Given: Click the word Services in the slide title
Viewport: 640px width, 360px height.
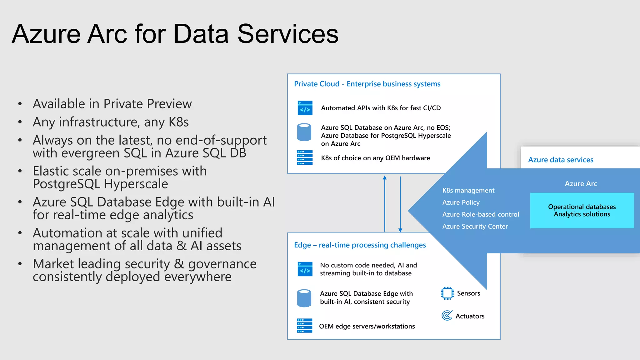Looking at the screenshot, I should tap(288, 34).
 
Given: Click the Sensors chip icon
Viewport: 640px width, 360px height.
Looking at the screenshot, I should tap(447, 293).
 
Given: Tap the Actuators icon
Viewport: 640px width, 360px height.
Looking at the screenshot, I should tap(447, 315).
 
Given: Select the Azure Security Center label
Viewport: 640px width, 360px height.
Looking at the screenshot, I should tap(475, 226).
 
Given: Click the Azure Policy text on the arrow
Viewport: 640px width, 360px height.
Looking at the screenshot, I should tap(461, 202).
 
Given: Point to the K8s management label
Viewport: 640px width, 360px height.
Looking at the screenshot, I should tap(468, 190).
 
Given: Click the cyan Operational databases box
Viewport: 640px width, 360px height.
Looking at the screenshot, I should tap(582, 210).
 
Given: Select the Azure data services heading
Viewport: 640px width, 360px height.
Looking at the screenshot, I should tap(561, 160).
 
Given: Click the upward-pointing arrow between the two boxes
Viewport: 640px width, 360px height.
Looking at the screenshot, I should tap(385, 203).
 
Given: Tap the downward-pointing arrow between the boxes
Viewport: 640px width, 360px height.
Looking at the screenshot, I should tap(400, 203).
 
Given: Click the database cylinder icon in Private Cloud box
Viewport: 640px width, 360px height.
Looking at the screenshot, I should tap(304, 132).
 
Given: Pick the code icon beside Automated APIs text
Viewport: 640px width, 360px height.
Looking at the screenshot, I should tap(305, 108).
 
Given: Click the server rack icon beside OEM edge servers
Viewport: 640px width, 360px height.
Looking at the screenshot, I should tap(304, 326).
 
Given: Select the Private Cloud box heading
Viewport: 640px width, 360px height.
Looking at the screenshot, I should tap(367, 84).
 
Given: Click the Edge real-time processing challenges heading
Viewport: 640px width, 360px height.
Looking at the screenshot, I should tap(360, 245).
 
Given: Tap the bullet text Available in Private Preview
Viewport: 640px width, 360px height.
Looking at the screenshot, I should tap(112, 104).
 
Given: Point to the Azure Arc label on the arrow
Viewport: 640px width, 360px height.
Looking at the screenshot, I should tap(581, 184).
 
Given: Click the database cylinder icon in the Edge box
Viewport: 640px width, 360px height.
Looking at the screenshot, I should tap(304, 298).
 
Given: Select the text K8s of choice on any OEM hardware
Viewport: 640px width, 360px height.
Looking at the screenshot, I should tap(375, 158).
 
